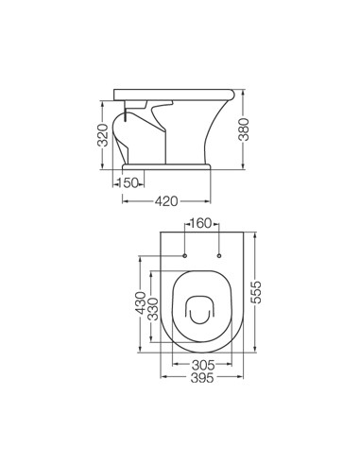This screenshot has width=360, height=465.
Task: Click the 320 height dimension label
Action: click(x=103, y=135)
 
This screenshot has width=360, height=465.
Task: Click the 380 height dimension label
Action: click(x=244, y=129)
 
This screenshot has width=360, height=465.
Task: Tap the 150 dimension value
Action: click(x=129, y=182)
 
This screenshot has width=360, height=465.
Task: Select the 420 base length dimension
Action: click(x=166, y=201)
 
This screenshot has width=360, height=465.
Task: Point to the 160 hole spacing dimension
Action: click(x=201, y=223)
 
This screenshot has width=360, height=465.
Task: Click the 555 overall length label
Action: click(x=256, y=292)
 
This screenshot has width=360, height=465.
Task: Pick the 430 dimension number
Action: click(x=141, y=303)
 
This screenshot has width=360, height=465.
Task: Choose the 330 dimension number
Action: click(x=153, y=309)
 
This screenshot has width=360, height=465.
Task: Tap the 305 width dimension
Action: click(x=203, y=365)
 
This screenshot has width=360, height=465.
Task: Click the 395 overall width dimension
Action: click(x=202, y=377)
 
